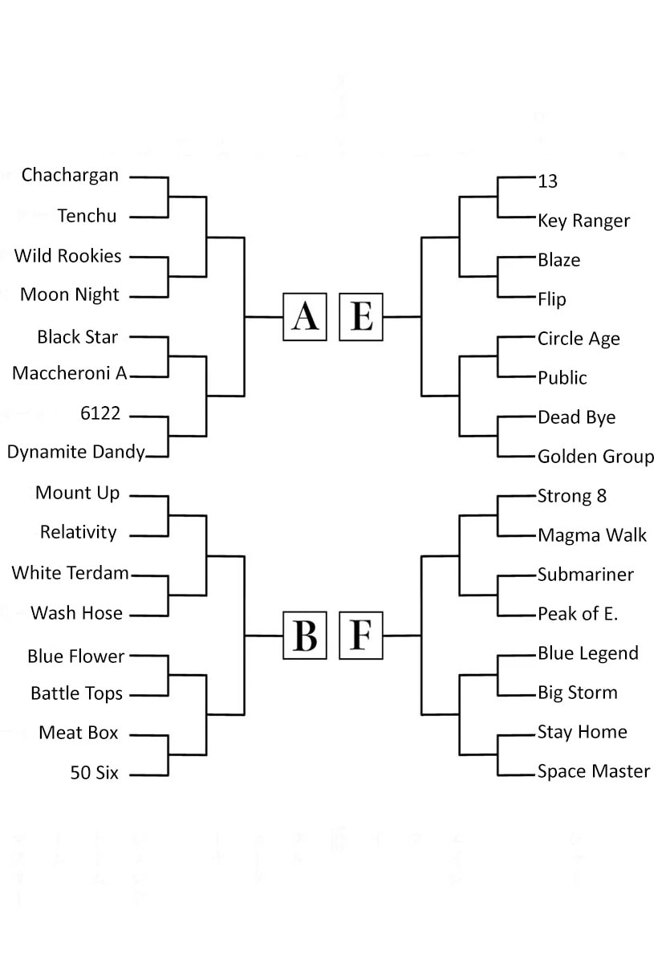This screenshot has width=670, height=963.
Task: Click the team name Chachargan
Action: [x=70, y=176]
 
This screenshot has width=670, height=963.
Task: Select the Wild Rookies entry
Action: [x=68, y=256]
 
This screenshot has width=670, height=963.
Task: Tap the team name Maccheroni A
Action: [x=70, y=373]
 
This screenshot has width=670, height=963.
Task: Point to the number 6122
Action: [x=100, y=413]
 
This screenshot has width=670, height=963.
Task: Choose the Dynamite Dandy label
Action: [x=76, y=453]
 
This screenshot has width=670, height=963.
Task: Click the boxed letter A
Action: [x=305, y=317]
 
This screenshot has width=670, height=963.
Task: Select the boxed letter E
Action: [x=361, y=317]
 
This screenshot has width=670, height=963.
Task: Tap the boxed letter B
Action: [x=305, y=636]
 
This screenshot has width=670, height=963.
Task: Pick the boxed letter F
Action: [x=361, y=636]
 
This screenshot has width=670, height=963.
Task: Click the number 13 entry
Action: [x=547, y=181]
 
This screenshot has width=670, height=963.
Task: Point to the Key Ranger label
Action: [x=583, y=221]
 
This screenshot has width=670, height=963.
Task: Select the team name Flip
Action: [x=552, y=299]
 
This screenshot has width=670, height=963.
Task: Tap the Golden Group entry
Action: [x=596, y=457]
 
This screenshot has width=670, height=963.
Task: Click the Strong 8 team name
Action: [x=572, y=496]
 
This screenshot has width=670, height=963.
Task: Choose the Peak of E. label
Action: [x=578, y=614]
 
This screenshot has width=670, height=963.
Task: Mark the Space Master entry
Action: [x=594, y=771]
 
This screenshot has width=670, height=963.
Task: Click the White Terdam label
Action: [x=70, y=573]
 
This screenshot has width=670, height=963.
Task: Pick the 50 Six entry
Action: [x=94, y=773]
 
